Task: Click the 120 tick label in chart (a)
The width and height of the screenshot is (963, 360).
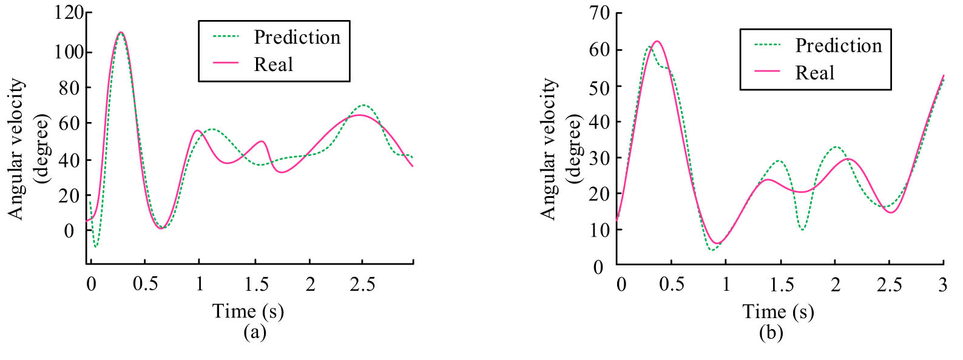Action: click(x=69, y=13)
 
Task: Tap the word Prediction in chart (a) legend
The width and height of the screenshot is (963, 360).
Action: click(x=297, y=38)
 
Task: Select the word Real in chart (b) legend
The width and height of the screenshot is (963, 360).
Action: click(x=814, y=73)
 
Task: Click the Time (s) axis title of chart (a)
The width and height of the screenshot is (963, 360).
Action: click(x=248, y=311)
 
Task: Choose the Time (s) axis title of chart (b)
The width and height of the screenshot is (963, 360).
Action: click(x=778, y=312)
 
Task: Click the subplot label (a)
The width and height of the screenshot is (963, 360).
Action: click(x=254, y=332)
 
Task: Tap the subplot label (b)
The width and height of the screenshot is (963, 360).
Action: click(x=771, y=333)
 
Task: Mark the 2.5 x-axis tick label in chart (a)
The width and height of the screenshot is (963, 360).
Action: click(x=362, y=284)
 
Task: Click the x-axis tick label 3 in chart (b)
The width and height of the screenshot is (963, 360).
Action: click(x=942, y=285)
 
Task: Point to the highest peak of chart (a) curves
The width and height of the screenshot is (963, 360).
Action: click(x=121, y=32)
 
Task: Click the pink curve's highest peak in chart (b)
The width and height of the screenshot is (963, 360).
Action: click(x=657, y=41)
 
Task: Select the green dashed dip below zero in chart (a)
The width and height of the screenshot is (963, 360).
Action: click(x=96, y=246)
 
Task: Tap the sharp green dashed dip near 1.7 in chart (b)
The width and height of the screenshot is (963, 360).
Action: click(x=802, y=229)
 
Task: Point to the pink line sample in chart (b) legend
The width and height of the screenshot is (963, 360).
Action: click(x=767, y=72)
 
